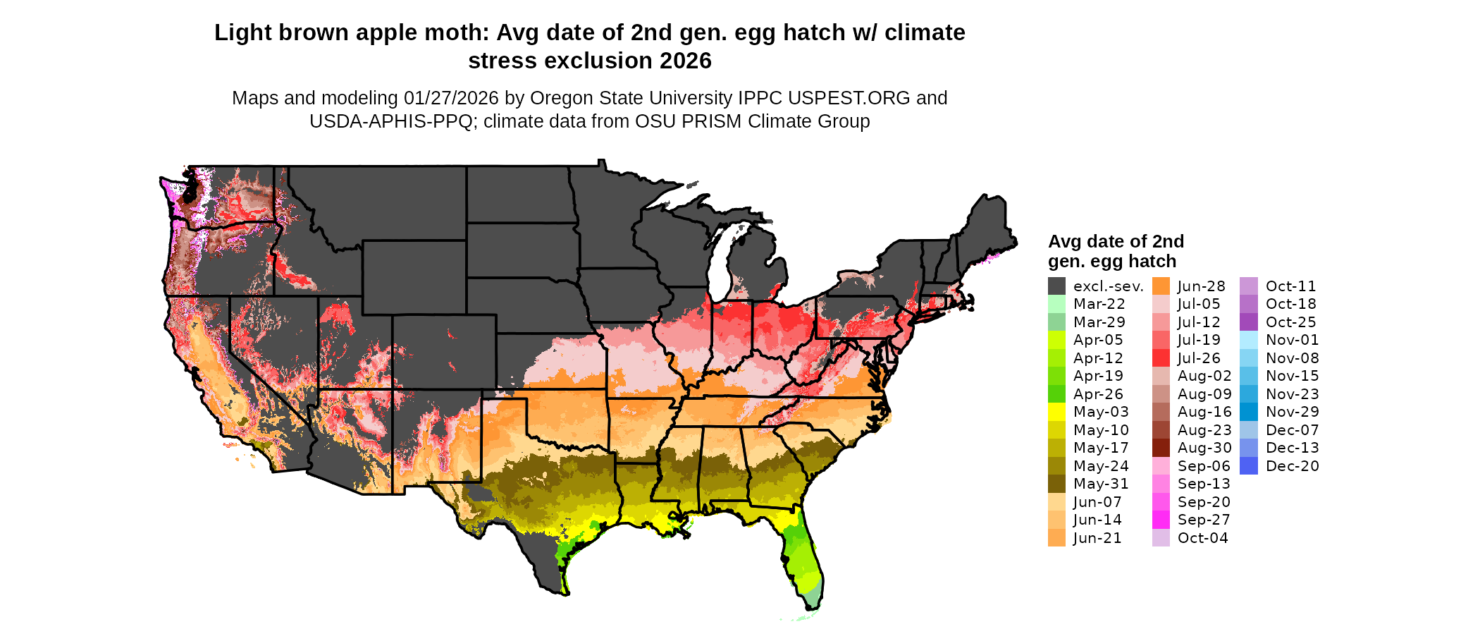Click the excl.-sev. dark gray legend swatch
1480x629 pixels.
[1056, 286]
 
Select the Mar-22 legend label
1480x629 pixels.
[1099, 304]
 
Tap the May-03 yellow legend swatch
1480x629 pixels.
[1056, 412]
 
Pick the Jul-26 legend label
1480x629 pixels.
[1199, 358]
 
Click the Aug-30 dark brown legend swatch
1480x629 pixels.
[1161, 448]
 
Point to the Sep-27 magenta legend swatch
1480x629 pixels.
[1161, 520]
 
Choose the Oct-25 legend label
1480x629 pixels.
[1290, 322]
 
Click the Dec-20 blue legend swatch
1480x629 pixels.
[1249, 466]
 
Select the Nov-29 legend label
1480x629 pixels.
[1292, 412]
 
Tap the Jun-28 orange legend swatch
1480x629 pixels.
[1161, 286]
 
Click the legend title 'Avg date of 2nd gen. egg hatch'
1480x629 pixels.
[1116, 252]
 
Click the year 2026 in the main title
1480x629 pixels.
[686, 61]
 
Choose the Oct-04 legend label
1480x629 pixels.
[1202, 538]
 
